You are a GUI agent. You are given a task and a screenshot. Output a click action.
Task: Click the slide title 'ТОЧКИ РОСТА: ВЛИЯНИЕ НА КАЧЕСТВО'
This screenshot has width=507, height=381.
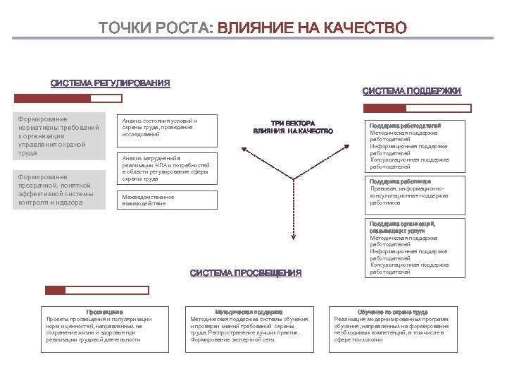253,28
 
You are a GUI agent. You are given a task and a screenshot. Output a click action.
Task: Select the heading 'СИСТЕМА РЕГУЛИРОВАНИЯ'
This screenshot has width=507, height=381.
110,83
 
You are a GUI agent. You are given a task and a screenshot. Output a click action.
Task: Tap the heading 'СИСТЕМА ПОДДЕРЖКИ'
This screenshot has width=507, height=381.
412,91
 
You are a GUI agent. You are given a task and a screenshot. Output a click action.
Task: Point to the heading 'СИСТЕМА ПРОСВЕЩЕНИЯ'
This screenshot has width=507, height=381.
246,273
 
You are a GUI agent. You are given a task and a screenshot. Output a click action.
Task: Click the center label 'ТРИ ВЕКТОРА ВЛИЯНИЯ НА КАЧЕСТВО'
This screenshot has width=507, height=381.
292,127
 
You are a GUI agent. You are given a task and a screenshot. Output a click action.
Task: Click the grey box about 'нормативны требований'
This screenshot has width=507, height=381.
61,135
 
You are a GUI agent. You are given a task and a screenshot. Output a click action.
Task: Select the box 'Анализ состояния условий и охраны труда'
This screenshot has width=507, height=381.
165,127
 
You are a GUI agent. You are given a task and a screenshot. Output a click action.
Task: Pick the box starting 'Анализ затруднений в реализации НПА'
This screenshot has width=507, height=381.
165,169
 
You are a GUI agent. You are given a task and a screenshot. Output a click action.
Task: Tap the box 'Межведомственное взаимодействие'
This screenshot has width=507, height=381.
165,200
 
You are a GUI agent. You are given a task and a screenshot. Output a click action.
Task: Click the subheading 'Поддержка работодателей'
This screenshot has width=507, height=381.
405,125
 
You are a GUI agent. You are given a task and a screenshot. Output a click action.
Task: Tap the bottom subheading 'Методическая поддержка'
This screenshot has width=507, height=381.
249,311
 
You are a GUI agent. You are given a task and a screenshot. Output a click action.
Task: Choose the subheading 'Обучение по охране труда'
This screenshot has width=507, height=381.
392,311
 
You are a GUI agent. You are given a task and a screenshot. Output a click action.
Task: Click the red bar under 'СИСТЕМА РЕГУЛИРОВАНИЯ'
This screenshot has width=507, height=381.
68,99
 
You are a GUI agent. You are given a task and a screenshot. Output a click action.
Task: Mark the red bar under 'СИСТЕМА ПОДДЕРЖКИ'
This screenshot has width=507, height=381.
385,109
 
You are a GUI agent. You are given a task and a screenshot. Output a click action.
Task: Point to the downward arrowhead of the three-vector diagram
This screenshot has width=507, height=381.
293,240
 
